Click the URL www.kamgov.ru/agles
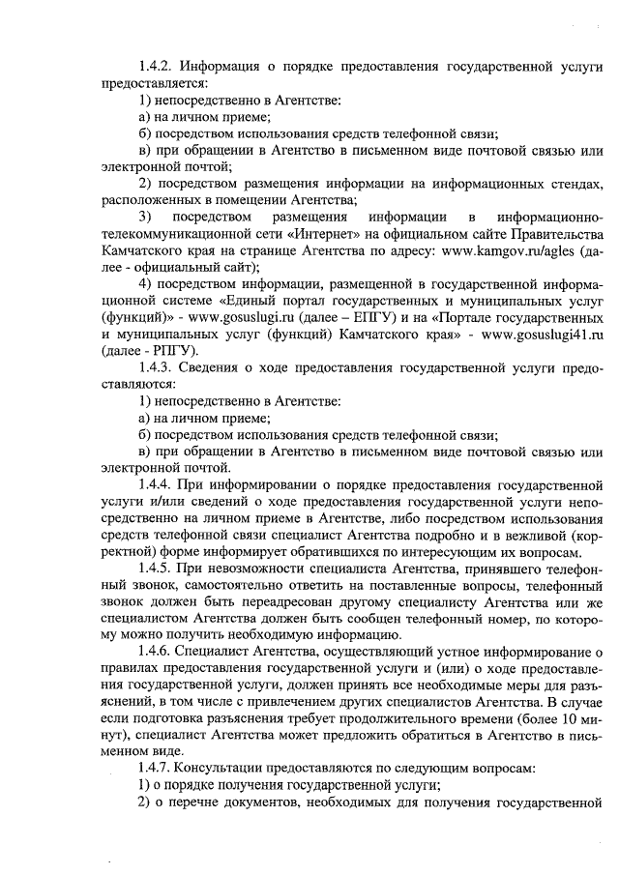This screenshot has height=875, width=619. point(509,251)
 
